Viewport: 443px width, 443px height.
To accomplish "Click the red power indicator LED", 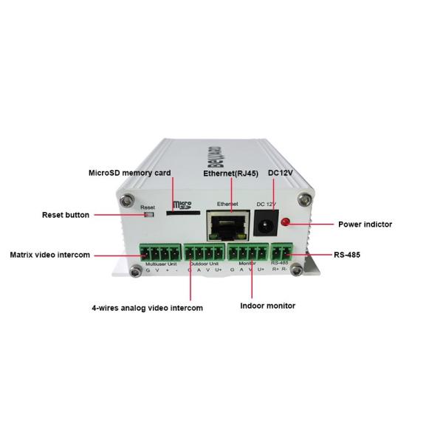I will point(284,222).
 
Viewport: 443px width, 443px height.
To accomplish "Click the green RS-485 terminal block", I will point(281,253).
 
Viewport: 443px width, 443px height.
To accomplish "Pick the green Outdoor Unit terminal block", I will point(205,253).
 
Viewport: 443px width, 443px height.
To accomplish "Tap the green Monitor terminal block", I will point(247,253).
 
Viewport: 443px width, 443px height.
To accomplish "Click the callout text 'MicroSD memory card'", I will point(129,173).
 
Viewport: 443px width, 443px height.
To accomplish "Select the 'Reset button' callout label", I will point(66,215).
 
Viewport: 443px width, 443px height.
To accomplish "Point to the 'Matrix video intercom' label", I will point(50,255).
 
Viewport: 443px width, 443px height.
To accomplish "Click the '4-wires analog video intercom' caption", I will point(148,307).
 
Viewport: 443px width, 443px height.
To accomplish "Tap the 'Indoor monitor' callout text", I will point(268,305).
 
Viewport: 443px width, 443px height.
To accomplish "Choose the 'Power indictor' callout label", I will point(365,224).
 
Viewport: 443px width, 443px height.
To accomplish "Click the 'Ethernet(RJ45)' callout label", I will point(230,173).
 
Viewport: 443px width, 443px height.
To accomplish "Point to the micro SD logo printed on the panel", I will point(182,204).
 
